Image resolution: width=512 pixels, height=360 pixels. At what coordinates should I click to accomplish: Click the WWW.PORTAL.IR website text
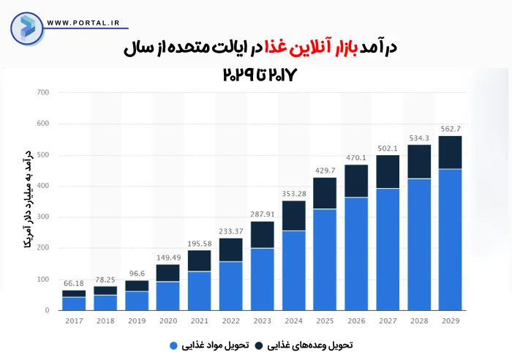83,23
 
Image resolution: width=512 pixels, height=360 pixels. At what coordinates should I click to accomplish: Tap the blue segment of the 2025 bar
325,259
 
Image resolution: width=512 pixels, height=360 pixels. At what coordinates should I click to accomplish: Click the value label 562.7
451,130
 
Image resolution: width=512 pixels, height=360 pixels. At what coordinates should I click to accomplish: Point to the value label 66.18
73,284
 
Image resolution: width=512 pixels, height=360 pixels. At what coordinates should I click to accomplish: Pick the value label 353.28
293,194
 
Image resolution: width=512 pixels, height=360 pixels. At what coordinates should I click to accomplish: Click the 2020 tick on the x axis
167,320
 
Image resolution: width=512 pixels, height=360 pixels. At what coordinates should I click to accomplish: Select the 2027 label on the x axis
388,320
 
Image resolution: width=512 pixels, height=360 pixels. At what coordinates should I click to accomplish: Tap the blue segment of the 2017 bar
73,303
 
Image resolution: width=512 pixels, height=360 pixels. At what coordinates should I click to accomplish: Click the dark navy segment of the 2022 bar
230,250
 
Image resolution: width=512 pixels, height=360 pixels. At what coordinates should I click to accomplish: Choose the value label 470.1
356,157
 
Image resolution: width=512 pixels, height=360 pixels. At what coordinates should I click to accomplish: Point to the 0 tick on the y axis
45,310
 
